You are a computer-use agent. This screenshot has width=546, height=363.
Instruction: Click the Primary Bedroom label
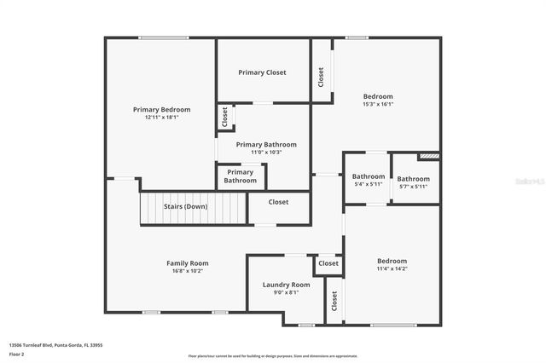click(161, 110)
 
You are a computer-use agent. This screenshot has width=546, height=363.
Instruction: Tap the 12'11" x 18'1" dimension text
click(161, 118)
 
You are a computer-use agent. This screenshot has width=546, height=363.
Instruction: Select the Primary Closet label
click(262, 72)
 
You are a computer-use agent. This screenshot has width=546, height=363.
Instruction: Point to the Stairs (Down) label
click(185, 206)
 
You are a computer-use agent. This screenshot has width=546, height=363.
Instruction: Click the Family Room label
click(187, 263)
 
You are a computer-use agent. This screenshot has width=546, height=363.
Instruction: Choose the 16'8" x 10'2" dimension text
click(187, 271)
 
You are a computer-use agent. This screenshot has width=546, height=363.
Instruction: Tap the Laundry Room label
click(286, 285)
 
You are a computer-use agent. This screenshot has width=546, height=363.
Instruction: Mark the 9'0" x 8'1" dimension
click(286, 292)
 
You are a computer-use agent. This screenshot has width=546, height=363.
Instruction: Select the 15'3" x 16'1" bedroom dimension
click(378, 104)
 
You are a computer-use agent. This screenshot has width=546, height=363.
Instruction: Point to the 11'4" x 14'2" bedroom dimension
click(392, 268)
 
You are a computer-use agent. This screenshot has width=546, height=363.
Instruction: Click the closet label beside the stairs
click(278, 202)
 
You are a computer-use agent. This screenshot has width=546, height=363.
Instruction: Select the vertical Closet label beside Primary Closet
click(321, 78)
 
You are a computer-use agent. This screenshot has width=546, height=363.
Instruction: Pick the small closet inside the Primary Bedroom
click(224, 117)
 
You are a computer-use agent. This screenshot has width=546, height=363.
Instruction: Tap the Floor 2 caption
click(16, 354)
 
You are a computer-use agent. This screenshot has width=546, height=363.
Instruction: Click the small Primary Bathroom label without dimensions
click(240, 176)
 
